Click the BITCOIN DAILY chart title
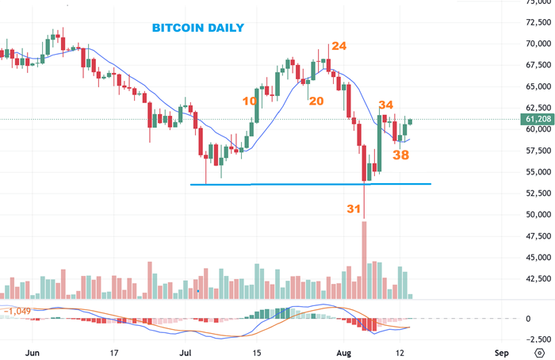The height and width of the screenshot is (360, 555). click(198, 28)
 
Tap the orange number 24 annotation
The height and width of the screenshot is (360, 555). click(339, 46)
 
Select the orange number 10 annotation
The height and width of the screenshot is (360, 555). click(250, 101)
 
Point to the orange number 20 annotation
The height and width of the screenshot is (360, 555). click(316, 101)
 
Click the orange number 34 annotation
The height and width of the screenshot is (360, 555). click(385, 105)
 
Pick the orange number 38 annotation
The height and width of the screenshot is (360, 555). click(401, 155)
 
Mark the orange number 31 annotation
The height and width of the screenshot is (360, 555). click(354, 208)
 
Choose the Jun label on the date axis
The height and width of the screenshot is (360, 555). click(33, 351)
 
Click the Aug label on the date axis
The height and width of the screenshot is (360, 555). click(343, 351)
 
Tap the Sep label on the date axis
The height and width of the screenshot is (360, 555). click(501, 351)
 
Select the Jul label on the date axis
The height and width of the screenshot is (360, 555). click(185, 351)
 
